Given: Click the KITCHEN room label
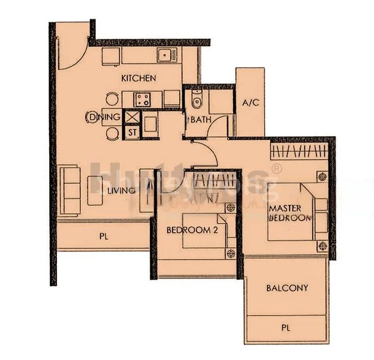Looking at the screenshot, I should pos(138,78).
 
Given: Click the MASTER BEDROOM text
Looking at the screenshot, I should pos(290,213).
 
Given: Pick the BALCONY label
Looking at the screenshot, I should pos(286,288).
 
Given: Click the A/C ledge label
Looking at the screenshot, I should pos(250,103).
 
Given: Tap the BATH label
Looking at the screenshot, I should pos(201,119).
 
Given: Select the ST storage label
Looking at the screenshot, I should pos(132,131).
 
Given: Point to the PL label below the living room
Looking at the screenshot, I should pos(103,236).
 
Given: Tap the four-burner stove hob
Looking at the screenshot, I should pos(142,98).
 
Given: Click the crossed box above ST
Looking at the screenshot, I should pos(132,117).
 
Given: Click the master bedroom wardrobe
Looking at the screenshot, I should pos(300,148).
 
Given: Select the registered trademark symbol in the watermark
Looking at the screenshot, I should pos(276,169).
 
